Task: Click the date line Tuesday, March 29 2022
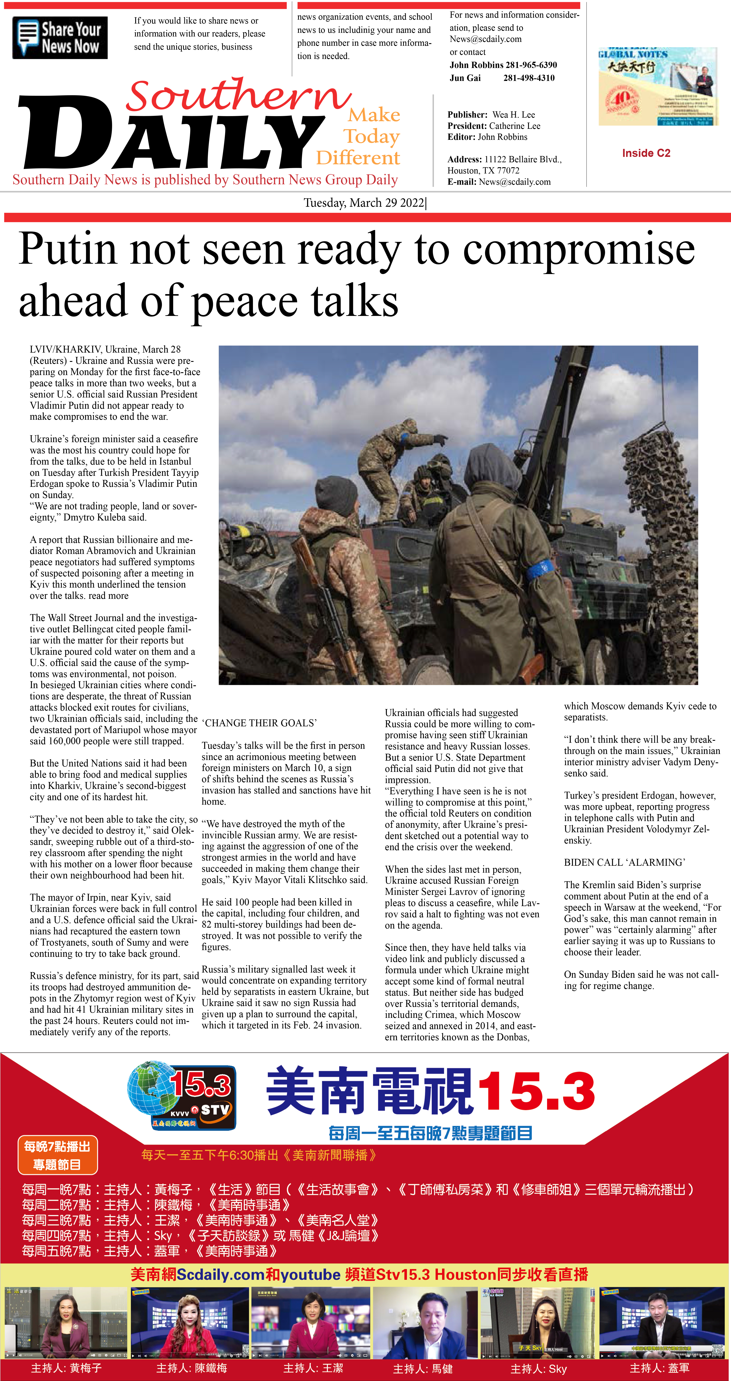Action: (x=364, y=203)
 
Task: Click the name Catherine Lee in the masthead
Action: (x=515, y=126)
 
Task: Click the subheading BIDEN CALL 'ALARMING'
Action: (x=624, y=862)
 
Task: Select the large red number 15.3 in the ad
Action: (x=536, y=1091)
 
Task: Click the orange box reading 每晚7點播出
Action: (x=57, y=1154)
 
